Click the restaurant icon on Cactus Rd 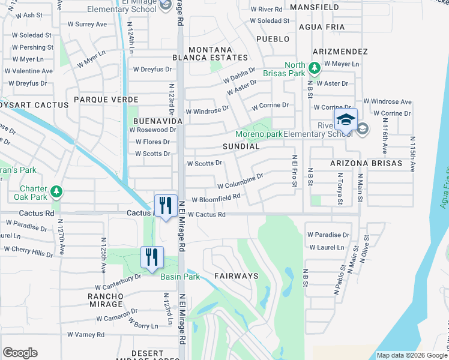(x=164, y=205)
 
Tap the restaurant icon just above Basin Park (x=152, y=257)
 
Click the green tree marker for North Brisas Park (x=314, y=68)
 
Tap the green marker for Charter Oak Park (x=56, y=191)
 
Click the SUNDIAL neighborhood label (x=241, y=146)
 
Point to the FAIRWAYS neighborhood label (x=236, y=276)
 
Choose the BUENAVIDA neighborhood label (x=153, y=120)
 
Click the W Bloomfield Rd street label (x=216, y=198)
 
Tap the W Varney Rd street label (x=86, y=334)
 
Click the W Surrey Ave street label (x=87, y=25)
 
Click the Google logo (x=20, y=353)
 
